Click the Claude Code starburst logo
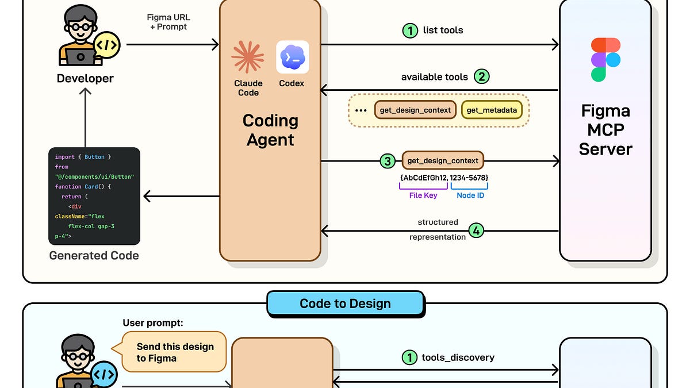pyautogui.click(x=248, y=57)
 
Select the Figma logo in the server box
pyautogui.click(x=605, y=60)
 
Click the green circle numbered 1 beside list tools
pyautogui.click(x=409, y=30)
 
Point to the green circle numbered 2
pyautogui.click(x=481, y=76)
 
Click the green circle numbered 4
pyautogui.click(x=476, y=231)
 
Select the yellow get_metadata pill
pyautogui.click(x=492, y=110)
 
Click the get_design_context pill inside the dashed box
pyautogui.click(x=416, y=110)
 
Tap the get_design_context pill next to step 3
pyautogui.click(x=443, y=161)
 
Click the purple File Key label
pyautogui.click(x=423, y=195)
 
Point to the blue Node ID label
pyautogui.click(x=470, y=195)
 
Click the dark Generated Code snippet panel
pyautogui.click(x=94, y=196)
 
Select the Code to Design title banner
pyautogui.click(x=345, y=304)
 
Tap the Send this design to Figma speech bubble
pyautogui.click(x=175, y=352)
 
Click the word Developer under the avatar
pyautogui.click(x=85, y=79)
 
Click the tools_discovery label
pyautogui.click(x=458, y=358)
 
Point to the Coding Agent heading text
pyautogui.click(x=270, y=130)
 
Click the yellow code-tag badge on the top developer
pyautogui.click(x=108, y=44)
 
